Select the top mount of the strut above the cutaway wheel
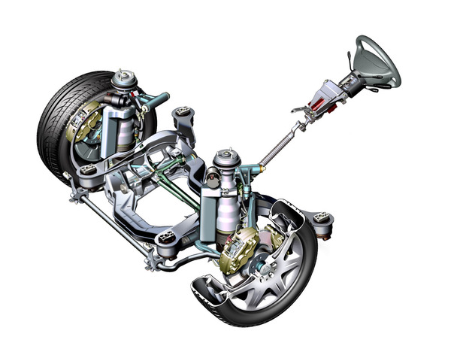point(223,158)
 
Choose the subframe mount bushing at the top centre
point(183,117)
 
